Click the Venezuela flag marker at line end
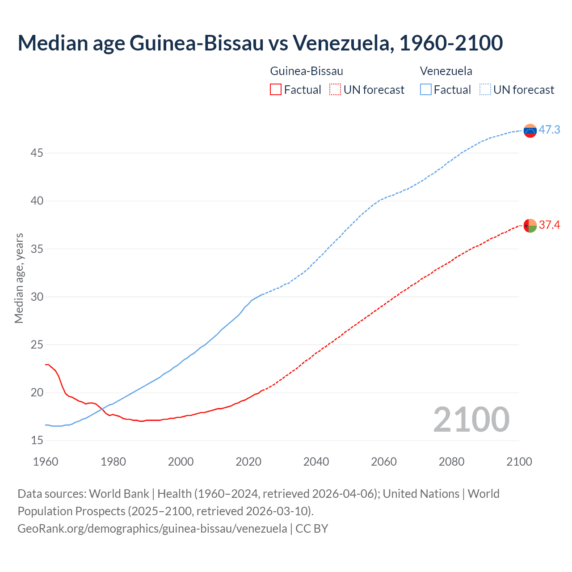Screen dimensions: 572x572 (530, 130)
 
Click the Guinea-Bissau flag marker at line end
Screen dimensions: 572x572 (530, 226)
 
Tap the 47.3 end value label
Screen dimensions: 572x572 (549, 130)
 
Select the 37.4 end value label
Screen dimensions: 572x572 (549, 225)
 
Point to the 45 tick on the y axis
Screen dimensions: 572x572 (37, 153)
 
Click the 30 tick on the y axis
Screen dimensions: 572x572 (37, 297)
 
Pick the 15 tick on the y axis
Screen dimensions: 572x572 (37, 441)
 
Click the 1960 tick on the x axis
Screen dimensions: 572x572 (46, 462)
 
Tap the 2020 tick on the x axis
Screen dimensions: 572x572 (248, 462)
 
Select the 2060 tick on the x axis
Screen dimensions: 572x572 (384, 462)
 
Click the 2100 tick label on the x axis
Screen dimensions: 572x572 (519, 462)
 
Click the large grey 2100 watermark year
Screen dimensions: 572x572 (471, 419)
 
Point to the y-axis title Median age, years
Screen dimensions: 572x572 (19, 278)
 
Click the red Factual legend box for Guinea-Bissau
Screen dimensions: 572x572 (276, 90)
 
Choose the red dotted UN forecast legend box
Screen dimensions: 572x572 (335, 90)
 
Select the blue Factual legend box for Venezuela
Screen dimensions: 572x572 (426, 90)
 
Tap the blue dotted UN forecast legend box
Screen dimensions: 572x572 (485, 90)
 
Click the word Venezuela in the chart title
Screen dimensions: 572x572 (343, 43)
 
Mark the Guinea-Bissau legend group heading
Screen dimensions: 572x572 (307, 71)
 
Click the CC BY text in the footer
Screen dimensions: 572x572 (312, 529)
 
